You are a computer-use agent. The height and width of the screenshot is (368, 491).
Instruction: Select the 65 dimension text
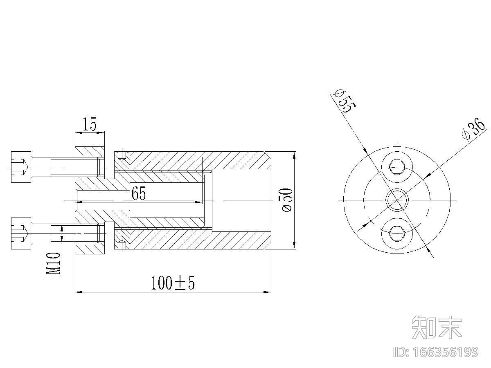pyautogui.click(x=139, y=193)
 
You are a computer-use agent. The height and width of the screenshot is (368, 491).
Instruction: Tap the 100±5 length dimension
pyautogui.click(x=173, y=283)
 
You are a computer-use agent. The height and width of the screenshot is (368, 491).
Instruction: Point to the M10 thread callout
pyautogui.click(x=53, y=263)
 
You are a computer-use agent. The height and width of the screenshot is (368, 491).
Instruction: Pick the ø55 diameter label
pyautogui.click(x=344, y=101)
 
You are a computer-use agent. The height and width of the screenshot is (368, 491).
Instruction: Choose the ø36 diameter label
pyautogui.click(x=473, y=130)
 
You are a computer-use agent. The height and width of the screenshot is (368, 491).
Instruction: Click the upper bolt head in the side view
pyautogui.click(x=21, y=167)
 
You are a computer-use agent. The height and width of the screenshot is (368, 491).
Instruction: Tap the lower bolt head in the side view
pyautogui.click(x=21, y=233)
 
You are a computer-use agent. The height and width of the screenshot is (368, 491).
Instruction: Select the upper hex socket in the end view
pyautogui.click(x=397, y=167)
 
